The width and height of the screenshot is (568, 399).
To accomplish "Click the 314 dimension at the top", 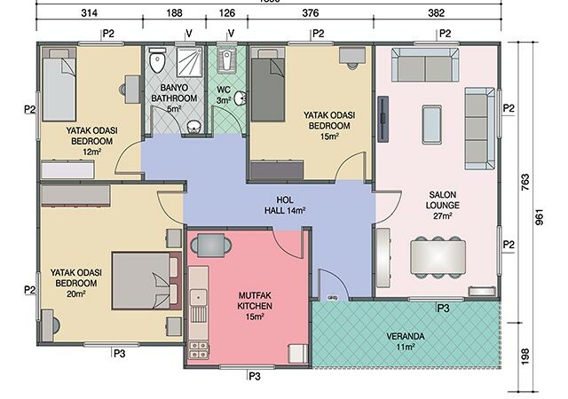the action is (x=89, y=13).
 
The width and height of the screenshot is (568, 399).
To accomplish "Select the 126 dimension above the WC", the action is (x=227, y=13).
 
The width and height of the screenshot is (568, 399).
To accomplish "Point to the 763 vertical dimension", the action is (x=525, y=183).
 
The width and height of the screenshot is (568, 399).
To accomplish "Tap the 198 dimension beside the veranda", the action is (x=525, y=356).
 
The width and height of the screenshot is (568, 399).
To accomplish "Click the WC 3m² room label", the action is (x=225, y=95).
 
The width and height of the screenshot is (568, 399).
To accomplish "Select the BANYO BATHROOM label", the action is (x=174, y=98).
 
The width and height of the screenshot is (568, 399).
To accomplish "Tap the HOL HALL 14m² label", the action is (x=285, y=205).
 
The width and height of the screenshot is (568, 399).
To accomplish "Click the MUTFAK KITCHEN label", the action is (x=255, y=306).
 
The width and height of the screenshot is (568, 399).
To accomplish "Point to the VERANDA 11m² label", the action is (x=406, y=341).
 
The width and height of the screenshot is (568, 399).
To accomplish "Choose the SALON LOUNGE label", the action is (x=442, y=206).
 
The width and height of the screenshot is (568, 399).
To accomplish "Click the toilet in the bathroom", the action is (x=157, y=61).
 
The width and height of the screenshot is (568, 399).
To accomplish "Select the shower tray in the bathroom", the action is (x=190, y=61).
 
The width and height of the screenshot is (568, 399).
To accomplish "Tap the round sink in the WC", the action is (x=241, y=98).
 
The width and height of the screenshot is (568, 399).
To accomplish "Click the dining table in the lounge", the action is (x=438, y=257).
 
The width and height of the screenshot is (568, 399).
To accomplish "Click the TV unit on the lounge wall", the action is (x=383, y=119).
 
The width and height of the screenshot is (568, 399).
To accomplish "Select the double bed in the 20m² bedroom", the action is (x=146, y=281).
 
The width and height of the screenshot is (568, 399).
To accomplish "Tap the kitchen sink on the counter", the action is (x=198, y=298).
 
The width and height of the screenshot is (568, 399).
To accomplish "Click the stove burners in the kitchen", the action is (x=199, y=349).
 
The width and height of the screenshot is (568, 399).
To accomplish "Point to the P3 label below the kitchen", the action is (x=255, y=377).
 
